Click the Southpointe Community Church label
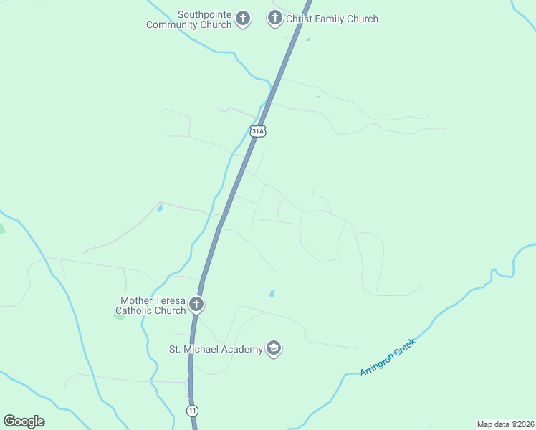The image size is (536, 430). coord(188,19)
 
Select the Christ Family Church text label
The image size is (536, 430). coord(332,19)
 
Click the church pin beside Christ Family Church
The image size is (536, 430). coord(274,19)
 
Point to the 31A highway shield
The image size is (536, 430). coord(258,131)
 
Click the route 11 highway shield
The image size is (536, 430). coord(192,411)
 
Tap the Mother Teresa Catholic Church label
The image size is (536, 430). coord(153,306)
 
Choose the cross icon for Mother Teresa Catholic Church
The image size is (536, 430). coord(196,305)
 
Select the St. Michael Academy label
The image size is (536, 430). coord(215,350)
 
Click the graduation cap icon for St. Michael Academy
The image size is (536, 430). coord(273,349)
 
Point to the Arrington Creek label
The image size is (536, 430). coord(388,357)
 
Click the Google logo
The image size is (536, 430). coord(24,421)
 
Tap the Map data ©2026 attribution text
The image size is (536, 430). coord(505,424)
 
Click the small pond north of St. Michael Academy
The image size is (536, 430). coord(272,293)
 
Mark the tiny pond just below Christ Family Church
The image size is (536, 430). coord(308,39)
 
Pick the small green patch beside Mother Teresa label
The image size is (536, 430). coord(118,315)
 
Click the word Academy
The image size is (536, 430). coord(241,350)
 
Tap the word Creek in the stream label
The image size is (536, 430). coord(401,348)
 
